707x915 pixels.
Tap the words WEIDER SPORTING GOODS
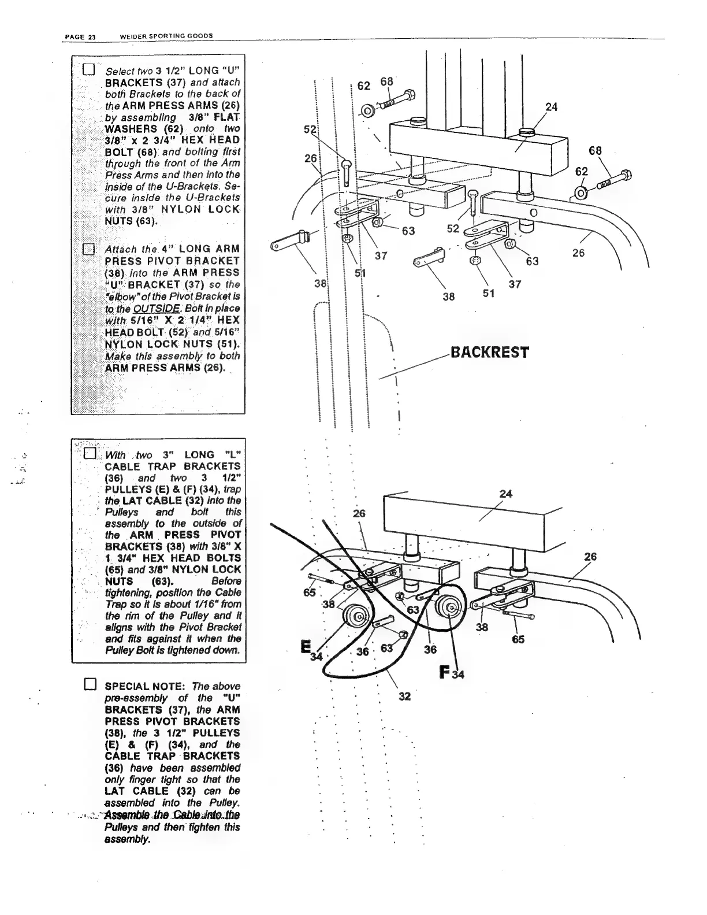(x=166, y=36)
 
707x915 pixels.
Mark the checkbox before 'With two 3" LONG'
(x=90, y=453)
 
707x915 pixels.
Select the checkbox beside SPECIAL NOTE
(x=90, y=686)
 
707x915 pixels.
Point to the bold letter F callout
(x=445, y=671)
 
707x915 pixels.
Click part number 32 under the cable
(x=404, y=696)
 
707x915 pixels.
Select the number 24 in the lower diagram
(x=506, y=494)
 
